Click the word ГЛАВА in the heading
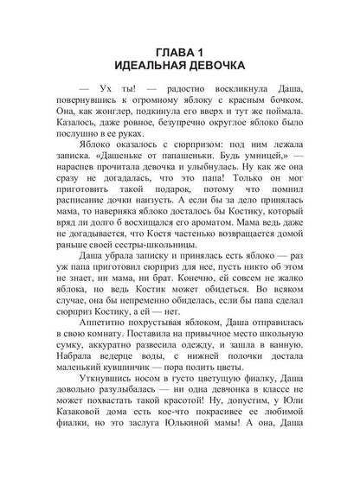[x=170, y=51]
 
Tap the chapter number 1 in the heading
[x=207, y=51]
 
